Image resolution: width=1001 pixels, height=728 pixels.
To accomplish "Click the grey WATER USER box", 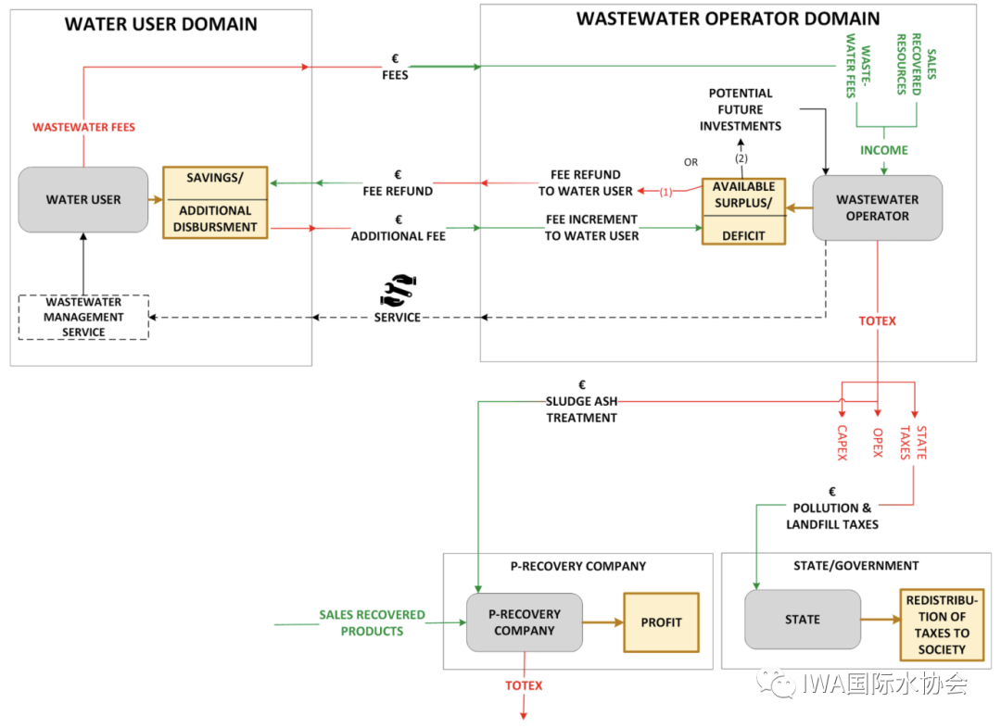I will point(83,199).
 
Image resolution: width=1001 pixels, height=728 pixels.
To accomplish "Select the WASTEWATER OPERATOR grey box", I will point(877,207).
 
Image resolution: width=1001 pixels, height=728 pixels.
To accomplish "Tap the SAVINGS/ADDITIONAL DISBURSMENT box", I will point(215,203).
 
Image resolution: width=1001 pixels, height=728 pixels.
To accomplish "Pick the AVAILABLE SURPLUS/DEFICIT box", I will point(743,211).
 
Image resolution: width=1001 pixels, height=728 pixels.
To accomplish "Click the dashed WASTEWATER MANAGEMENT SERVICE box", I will point(83,317).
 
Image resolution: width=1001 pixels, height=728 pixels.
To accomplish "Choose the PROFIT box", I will point(661,622).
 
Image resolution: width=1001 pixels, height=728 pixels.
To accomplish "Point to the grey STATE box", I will point(802,619).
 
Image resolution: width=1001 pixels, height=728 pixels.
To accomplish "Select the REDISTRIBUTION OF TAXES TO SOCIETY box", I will point(942,624).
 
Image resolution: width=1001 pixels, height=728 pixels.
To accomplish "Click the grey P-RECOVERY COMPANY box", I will point(525,621).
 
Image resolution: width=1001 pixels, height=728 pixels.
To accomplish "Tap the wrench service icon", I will point(399,290).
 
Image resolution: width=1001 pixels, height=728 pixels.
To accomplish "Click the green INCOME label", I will point(884,150).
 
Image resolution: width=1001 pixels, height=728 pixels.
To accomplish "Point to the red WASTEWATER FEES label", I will point(83,127).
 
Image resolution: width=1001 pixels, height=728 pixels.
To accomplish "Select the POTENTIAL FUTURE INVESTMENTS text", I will point(741,109).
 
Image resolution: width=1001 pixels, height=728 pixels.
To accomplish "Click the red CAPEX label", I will point(842,443).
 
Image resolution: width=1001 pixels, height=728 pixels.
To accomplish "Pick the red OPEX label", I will point(877,443).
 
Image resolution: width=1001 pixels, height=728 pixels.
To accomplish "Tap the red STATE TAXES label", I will point(915,443).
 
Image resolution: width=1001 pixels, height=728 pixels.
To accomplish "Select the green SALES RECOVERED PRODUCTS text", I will point(372,622).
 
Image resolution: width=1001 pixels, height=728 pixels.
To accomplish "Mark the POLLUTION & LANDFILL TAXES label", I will point(832,516).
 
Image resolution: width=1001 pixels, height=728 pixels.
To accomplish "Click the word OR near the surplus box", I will point(691,162).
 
